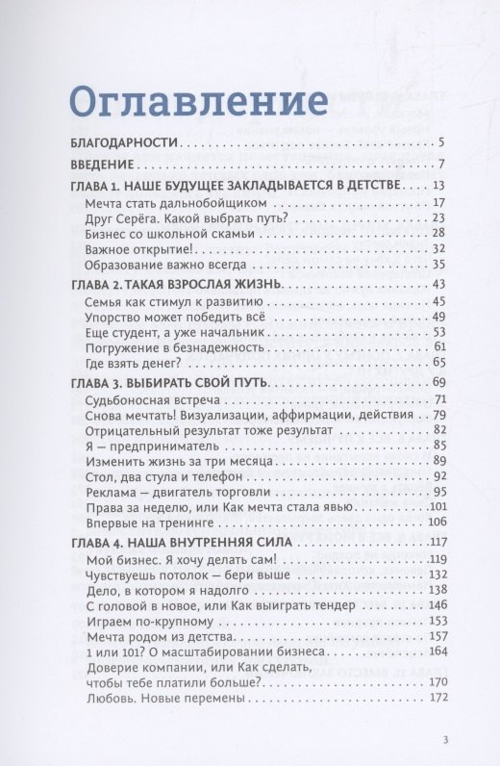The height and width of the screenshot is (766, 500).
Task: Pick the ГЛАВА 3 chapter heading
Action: click(170, 383)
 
